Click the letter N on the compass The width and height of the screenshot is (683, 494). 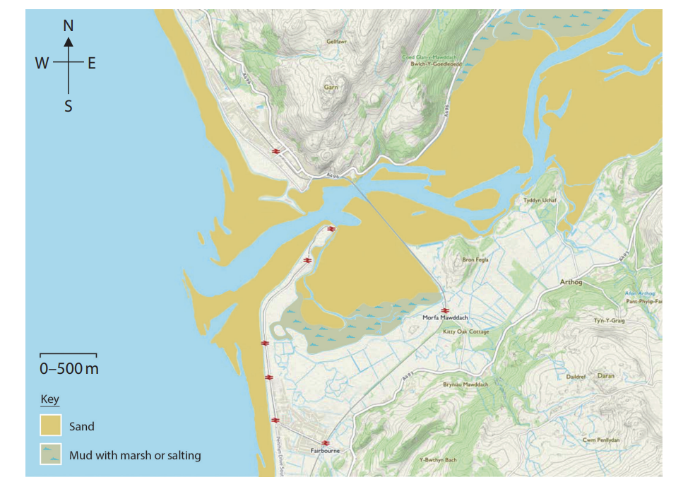(x=69, y=25)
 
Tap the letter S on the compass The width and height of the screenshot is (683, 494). (x=69, y=106)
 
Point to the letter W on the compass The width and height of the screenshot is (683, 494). (x=42, y=64)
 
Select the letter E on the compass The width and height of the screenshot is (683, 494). (x=92, y=64)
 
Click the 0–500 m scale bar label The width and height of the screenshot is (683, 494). (x=69, y=368)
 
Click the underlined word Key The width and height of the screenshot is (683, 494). (x=49, y=399)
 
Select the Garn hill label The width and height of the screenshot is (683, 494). (x=331, y=88)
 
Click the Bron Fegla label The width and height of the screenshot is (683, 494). (x=475, y=260)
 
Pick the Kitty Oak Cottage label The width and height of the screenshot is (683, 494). (x=465, y=331)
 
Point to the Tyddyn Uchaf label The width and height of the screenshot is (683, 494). (x=540, y=200)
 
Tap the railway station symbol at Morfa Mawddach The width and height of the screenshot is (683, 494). (x=445, y=310)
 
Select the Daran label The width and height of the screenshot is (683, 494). (x=606, y=376)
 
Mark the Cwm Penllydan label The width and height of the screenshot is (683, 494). (x=601, y=440)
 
